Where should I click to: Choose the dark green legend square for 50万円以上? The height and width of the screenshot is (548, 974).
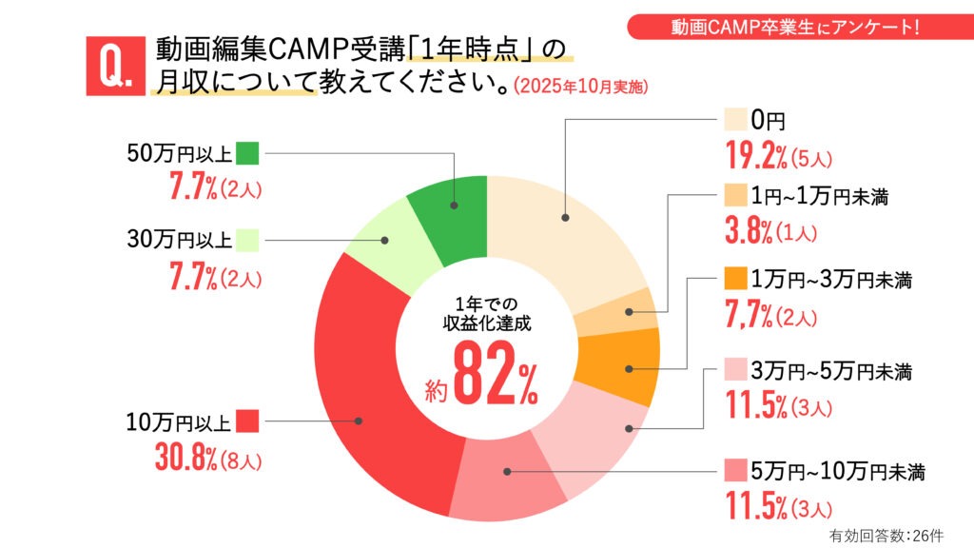pyautogui.click(x=247, y=152)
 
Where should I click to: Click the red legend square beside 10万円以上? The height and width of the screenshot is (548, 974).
pyautogui.click(x=247, y=421)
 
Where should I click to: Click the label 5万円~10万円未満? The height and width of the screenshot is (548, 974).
pyautogui.click(x=838, y=470)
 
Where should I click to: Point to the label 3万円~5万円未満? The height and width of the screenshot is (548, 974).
pyautogui.click(x=832, y=369)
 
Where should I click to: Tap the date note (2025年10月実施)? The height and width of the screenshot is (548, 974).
pyautogui.click(x=580, y=87)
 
